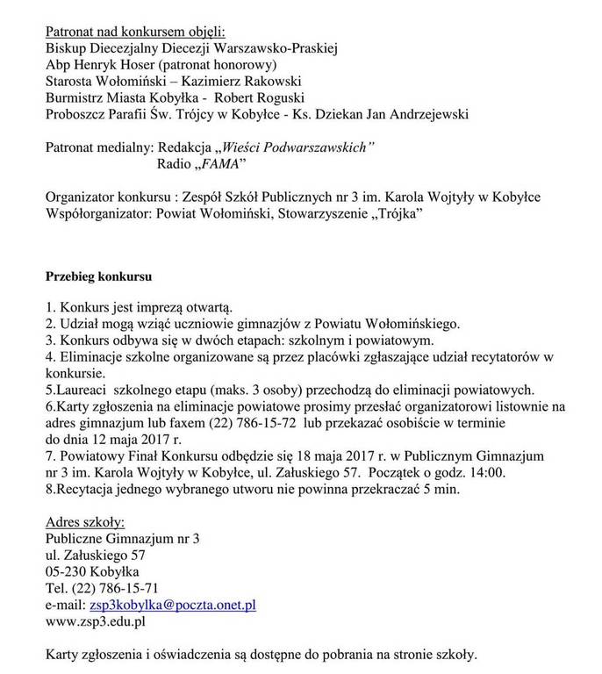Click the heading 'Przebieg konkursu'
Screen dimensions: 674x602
(98, 277)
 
